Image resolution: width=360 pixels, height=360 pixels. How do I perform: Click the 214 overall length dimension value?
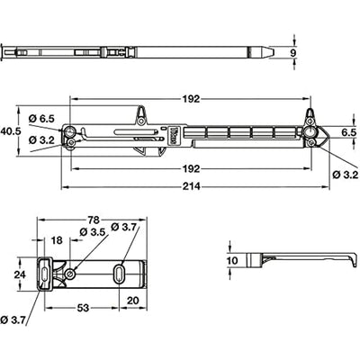click(x=192, y=186)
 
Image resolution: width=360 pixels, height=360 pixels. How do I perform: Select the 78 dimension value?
click(x=94, y=220)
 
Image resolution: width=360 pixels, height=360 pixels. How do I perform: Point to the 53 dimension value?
click(x=83, y=308)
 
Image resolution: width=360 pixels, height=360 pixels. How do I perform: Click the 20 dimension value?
click(x=133, y=300)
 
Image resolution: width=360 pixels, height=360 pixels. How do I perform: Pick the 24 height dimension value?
click(x=21, y=274)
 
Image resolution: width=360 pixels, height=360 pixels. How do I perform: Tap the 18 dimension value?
click(x=57, y=240)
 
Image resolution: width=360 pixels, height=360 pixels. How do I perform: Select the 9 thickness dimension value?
click(x=293, y=52)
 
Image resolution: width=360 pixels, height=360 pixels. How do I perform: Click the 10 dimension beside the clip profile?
click(x=232, y=260)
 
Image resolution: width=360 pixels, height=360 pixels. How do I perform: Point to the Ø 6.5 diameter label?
click(x=41, y=119)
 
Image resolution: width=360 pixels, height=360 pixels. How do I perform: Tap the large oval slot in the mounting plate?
click(x=120, y=274)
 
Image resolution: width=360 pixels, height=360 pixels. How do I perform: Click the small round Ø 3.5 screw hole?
click(x=70, y=274)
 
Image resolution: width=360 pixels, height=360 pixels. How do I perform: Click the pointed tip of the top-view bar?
click(x=274, y=52)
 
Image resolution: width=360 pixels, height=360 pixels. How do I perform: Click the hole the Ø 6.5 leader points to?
click(x=71, y=131)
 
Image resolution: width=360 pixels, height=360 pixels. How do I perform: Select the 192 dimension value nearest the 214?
click(x=192, y=168)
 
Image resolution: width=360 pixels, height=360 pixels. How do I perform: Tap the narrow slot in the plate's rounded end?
click(x=44, y=274)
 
